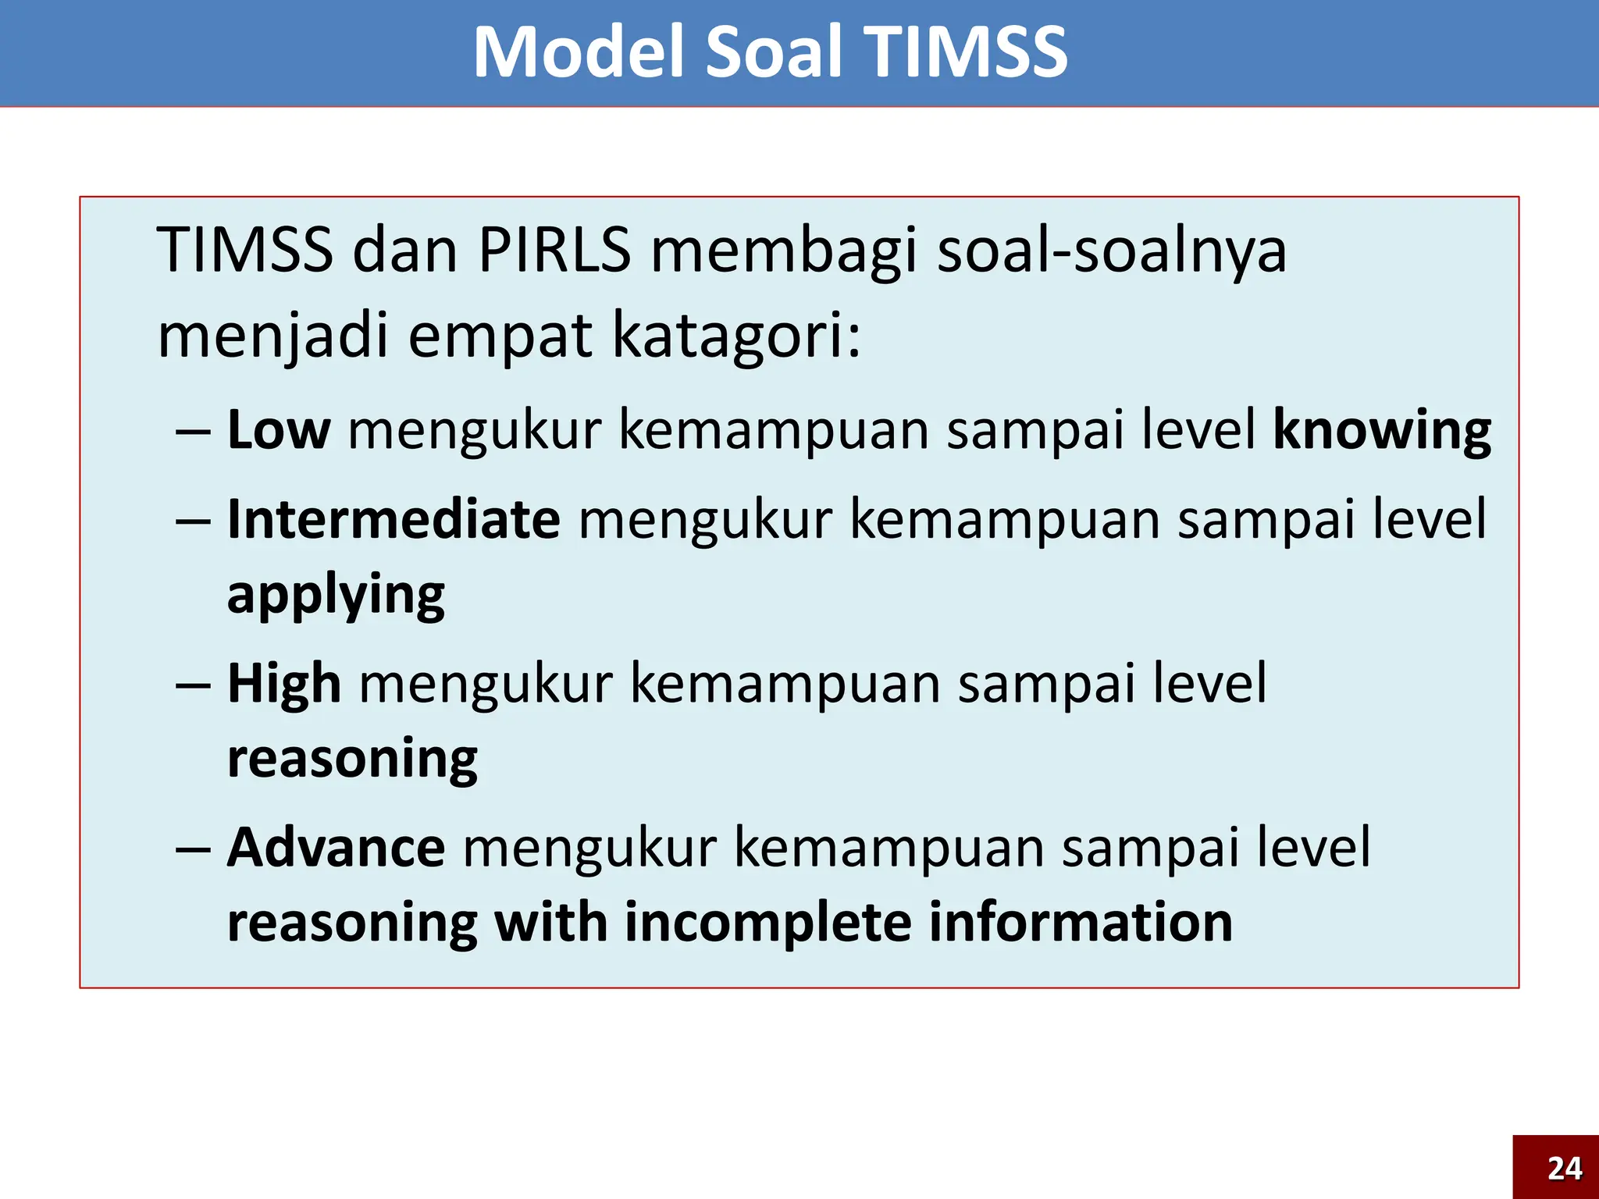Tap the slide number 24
coord(1565,1169)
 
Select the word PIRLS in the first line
coord(554,250)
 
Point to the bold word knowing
coord(1382,431)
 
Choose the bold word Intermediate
coord(394,519)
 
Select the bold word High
coord(284,684)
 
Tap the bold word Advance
coord(336,848)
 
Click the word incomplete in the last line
coord(767,923)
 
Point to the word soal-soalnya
coord(1111,250)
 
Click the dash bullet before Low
coord(193,432)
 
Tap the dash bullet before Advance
coord(193,849)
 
